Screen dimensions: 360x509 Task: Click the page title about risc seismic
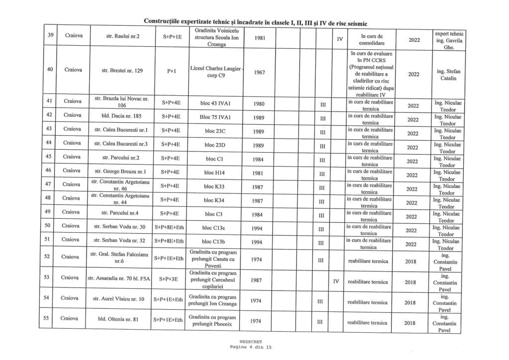click(x=256, y=22)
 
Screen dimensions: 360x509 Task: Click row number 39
click(x=50, y=36)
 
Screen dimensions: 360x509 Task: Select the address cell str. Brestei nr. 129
click(x=122, y=71)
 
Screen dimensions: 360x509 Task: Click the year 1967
click(x=259, y=72)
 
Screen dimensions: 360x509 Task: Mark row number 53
click(x=46, y=277)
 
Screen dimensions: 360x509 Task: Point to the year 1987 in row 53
click(x=256, y=280)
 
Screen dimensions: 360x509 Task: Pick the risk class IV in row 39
click(x=339, y=38)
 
